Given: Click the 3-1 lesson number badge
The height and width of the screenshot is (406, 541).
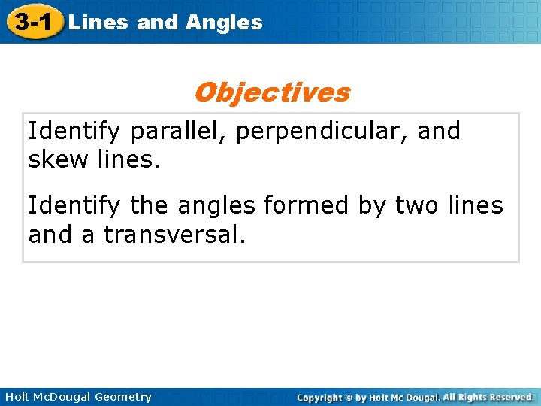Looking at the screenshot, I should tap(32, 22).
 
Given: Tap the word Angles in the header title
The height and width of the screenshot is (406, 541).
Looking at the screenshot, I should tap(224, 23).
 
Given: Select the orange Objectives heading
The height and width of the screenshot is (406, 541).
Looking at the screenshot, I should tap(271, 92).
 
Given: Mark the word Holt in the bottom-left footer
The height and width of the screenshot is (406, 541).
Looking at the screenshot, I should tap(16, 397).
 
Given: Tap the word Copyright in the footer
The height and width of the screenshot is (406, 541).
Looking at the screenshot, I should tap(319, 397).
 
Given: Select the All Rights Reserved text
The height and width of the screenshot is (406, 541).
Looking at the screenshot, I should tap(488, 397).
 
